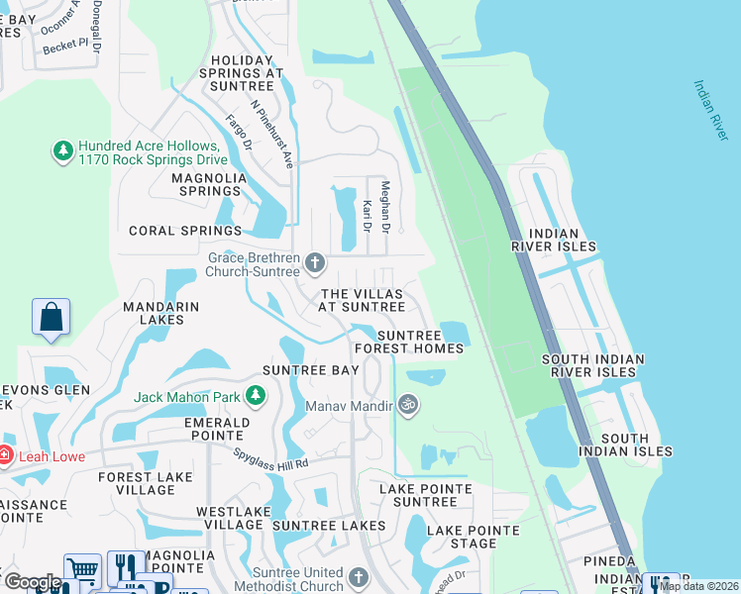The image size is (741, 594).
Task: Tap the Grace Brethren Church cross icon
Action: (x=315, y=263)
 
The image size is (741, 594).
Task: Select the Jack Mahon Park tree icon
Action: (x=256, y=396)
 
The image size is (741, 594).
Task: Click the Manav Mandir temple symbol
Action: (x=406, y=404)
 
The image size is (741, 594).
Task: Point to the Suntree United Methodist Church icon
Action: (x=361, y=576)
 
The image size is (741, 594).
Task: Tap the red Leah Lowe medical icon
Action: (x=5, y=456)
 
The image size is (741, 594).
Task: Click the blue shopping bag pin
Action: (x=50, y=318)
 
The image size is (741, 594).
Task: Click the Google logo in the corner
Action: (x=32, y=582)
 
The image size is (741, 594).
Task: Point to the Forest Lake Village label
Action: (x=137, y=483)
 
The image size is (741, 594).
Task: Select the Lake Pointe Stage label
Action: (x=474, y=537)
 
